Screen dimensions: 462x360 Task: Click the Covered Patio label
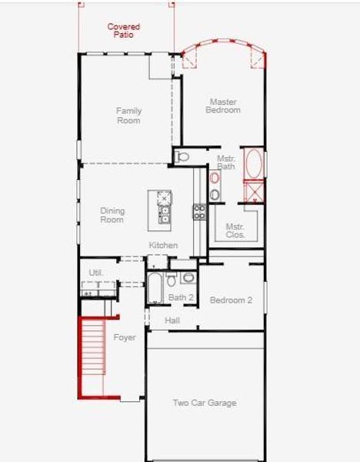(123, 31)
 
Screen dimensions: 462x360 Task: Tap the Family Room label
(128, 115)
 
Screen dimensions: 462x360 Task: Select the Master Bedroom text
(223, 106)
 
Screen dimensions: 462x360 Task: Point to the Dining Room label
(112, 215)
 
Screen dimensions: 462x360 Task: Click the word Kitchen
(163, 246)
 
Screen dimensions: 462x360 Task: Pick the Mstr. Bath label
(225, 162)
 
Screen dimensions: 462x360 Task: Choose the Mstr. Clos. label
(235, 230)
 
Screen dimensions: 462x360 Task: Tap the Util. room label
(95, 273)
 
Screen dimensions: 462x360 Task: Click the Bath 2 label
(181, 297)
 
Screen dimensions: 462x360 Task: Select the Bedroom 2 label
(231, 300)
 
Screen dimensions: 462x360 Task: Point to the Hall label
(172, 320)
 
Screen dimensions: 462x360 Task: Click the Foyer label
(125, 337)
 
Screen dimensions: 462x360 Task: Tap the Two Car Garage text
(204, 403)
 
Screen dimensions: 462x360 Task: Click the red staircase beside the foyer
(92, 357)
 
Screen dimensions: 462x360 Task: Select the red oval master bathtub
(254, 164)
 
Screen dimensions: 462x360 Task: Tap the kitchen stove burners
(199, 212)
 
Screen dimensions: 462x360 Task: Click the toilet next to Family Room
(182, 156)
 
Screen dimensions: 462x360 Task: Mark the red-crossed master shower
(254, 190)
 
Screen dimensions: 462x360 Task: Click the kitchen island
(164, 208)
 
